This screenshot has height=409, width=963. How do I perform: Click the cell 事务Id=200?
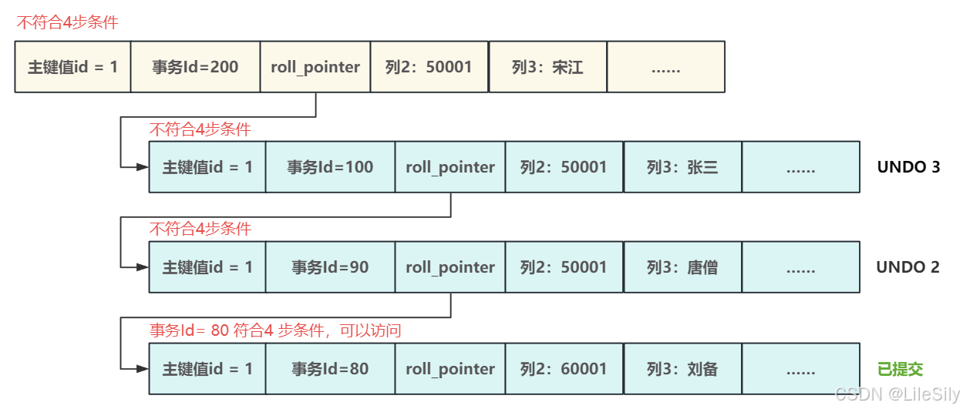click(195, 67)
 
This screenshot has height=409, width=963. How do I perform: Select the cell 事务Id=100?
click(330, 166)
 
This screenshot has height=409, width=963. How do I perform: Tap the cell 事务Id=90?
click(330, 267)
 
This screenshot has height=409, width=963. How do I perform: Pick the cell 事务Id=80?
click(330, 369)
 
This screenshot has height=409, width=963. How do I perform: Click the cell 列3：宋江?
click(547, 67)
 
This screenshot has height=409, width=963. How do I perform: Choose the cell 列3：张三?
click(682, 166)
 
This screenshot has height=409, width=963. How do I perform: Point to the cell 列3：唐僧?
click(682, 267)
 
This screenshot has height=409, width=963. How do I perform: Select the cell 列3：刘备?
click(682, 369)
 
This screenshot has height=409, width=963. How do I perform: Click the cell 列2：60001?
click(564, 369)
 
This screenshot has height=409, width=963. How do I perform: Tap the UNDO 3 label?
click(908, 166)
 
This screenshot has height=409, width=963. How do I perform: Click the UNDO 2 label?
click(907, 267)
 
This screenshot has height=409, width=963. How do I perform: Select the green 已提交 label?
click(900, 369)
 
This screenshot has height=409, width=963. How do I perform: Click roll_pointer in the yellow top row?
click(315, 67)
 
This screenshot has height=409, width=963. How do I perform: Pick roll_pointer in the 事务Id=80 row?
click(450, 369)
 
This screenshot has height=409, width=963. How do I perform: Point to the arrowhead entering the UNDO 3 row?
click(143, 166)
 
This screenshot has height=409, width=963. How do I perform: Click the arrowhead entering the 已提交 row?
click(143, 369)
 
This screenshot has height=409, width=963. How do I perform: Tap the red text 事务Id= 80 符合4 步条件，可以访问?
click(275, 330)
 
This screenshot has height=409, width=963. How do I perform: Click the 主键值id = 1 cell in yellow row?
click(73, 67)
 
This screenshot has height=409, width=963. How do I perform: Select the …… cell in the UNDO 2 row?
click(800, 267)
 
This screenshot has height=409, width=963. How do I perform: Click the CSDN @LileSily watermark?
click(897, 394)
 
